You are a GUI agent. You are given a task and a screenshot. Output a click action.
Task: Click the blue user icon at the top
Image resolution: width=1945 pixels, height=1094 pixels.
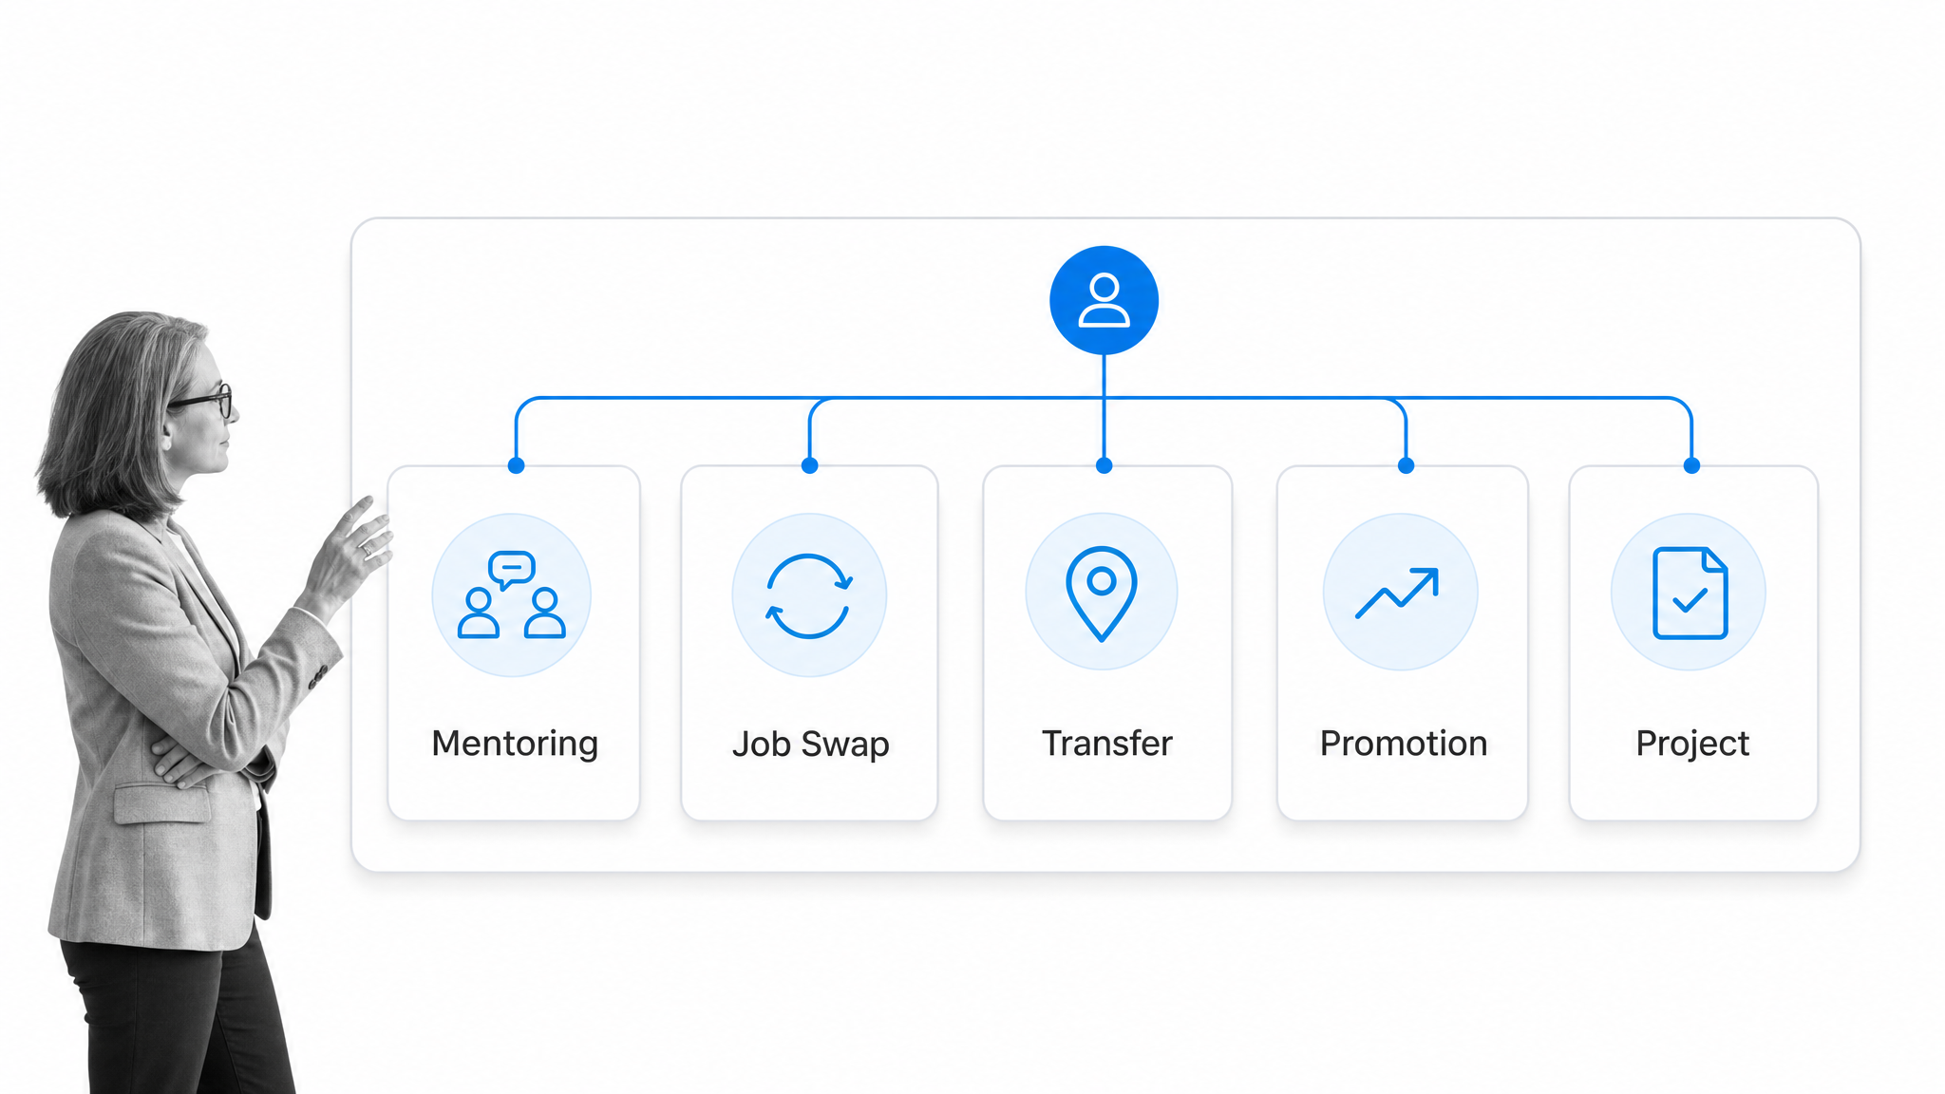coord(1104,300)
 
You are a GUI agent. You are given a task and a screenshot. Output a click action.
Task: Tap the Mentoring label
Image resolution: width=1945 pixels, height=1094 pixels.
coord(515,744)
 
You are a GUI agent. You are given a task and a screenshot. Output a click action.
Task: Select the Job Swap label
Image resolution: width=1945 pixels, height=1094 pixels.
coord(810,744)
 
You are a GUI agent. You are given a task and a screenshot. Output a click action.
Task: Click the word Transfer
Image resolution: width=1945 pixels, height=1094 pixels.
coord(1106,743)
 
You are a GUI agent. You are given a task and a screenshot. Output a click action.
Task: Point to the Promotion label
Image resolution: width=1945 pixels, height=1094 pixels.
coord(1404,743)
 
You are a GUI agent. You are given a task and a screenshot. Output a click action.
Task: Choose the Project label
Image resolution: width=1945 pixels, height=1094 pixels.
coord(1692,744)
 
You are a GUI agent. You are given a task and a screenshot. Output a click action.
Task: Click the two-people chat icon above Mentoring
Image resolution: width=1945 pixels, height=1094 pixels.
coord(512,594)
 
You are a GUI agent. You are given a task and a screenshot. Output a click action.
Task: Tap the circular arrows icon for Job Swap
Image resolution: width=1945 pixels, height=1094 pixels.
coord(808,595)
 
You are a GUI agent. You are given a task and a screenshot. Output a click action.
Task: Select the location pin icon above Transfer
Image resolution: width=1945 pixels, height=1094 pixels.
coord(1102,594)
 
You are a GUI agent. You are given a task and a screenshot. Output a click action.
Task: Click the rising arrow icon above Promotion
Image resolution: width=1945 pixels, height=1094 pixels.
coord(1397,594)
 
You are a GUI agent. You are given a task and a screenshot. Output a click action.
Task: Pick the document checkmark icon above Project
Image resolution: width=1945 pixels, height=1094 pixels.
coord(1690,593)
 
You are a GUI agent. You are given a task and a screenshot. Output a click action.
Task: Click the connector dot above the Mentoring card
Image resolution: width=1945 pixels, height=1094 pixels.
coord(516,465)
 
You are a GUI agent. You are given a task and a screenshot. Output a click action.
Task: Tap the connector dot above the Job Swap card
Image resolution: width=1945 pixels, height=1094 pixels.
coord(809,465)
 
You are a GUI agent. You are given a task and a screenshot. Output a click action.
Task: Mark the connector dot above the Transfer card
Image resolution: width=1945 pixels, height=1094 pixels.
coord(1104,465)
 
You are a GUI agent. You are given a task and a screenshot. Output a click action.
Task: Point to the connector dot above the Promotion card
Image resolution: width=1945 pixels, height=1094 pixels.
coord(1406,465)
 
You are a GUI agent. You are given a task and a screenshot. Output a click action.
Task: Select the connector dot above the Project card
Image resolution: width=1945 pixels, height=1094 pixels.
coord(1691,465)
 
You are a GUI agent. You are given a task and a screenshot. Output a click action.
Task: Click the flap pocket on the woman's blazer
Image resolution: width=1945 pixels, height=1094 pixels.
coord(161,803)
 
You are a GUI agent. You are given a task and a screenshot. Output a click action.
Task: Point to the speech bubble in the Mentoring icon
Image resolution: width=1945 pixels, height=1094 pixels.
coord(511,569)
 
